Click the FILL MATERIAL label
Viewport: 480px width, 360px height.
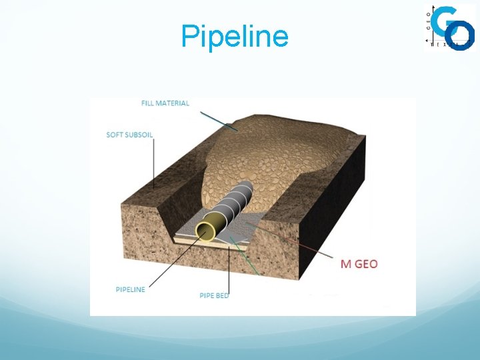[165, 103]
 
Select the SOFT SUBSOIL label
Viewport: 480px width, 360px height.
[129, 135]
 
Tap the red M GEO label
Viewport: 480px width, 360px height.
[359, 263]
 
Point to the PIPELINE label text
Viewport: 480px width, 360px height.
[130, 289]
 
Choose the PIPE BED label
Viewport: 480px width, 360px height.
[214, 295]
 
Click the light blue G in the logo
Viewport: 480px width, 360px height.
[443, 20]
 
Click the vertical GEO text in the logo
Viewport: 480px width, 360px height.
[429, 19]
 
